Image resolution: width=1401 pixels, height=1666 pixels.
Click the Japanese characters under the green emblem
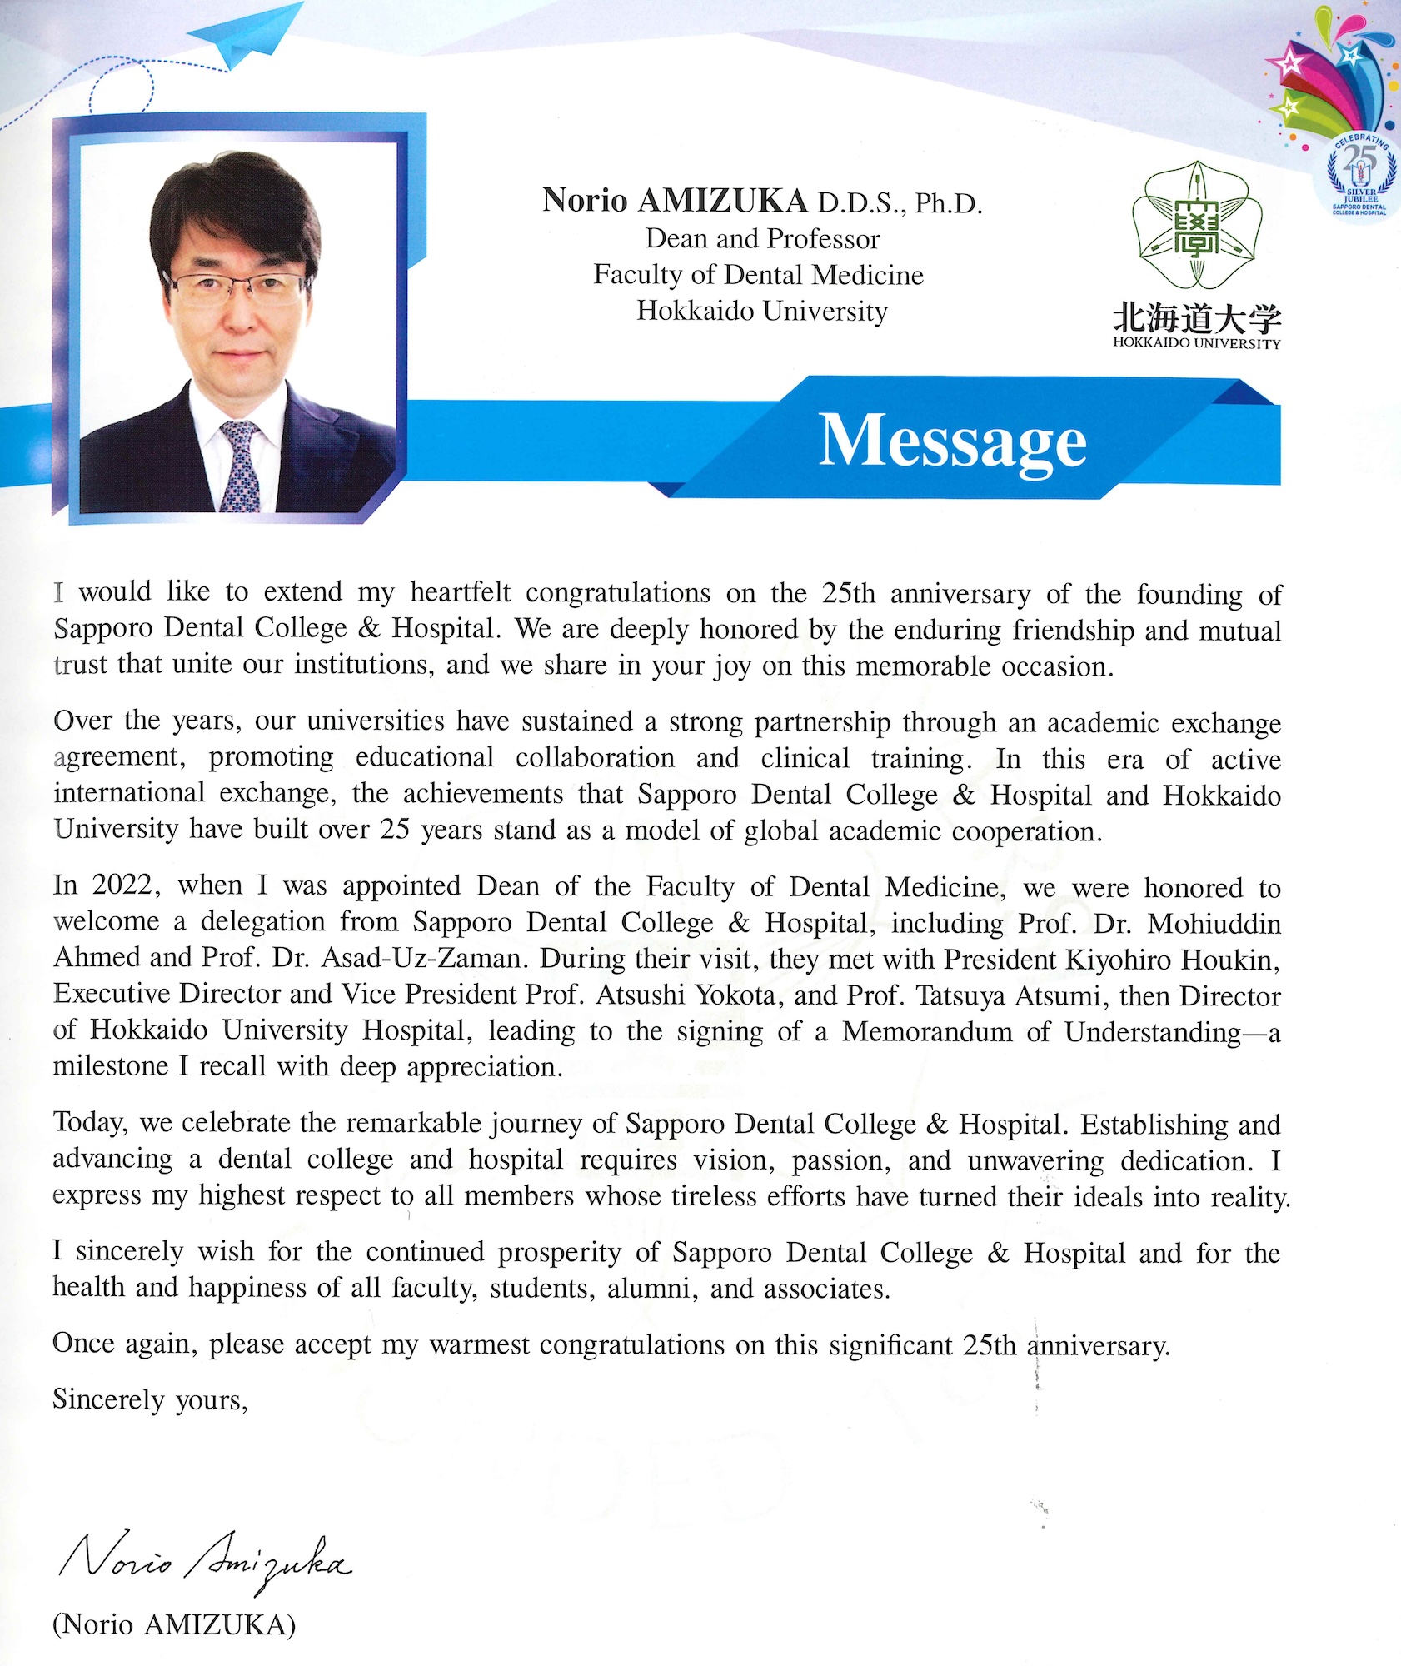tap(1196, 319)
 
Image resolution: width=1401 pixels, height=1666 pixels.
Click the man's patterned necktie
tap(241, 466)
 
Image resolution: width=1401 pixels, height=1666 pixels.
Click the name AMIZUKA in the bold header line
tap(723, 201)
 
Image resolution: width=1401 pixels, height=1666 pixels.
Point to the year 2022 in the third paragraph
tap(125, 885)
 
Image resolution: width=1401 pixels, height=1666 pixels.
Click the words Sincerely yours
tap(150, 1399)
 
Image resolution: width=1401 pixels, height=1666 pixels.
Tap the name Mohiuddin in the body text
tap(1214, 923)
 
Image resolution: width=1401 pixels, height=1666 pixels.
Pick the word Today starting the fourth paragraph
tap(90, 1123)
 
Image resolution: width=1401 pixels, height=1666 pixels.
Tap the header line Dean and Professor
tap(762, 239)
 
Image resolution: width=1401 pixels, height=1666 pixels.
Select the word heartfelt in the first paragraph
tap(461, 592)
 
